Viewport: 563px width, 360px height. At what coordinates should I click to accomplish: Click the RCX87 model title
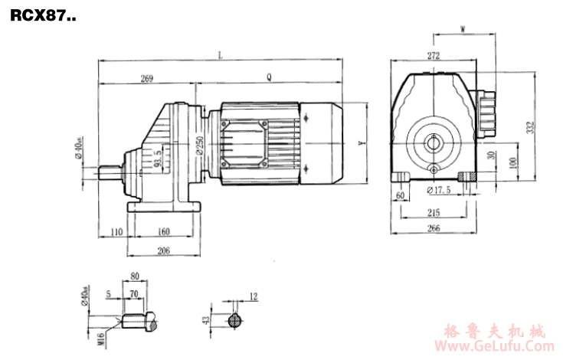[43, 15]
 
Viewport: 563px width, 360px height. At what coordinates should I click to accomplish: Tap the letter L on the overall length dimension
[220, 54]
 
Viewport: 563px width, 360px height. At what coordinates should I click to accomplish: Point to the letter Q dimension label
[268, 77]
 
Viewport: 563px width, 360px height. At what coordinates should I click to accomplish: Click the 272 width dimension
[434, 55]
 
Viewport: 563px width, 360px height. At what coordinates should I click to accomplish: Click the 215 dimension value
[434, 214]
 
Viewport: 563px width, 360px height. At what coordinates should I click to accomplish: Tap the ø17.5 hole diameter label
[437, 188]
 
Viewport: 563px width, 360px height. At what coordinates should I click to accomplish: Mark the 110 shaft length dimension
[116, 231]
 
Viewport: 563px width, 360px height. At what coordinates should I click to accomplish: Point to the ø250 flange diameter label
[198, 146]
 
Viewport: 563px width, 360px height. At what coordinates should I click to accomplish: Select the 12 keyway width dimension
[254, 296]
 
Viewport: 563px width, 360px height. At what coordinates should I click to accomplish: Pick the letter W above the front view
[463, 30]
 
